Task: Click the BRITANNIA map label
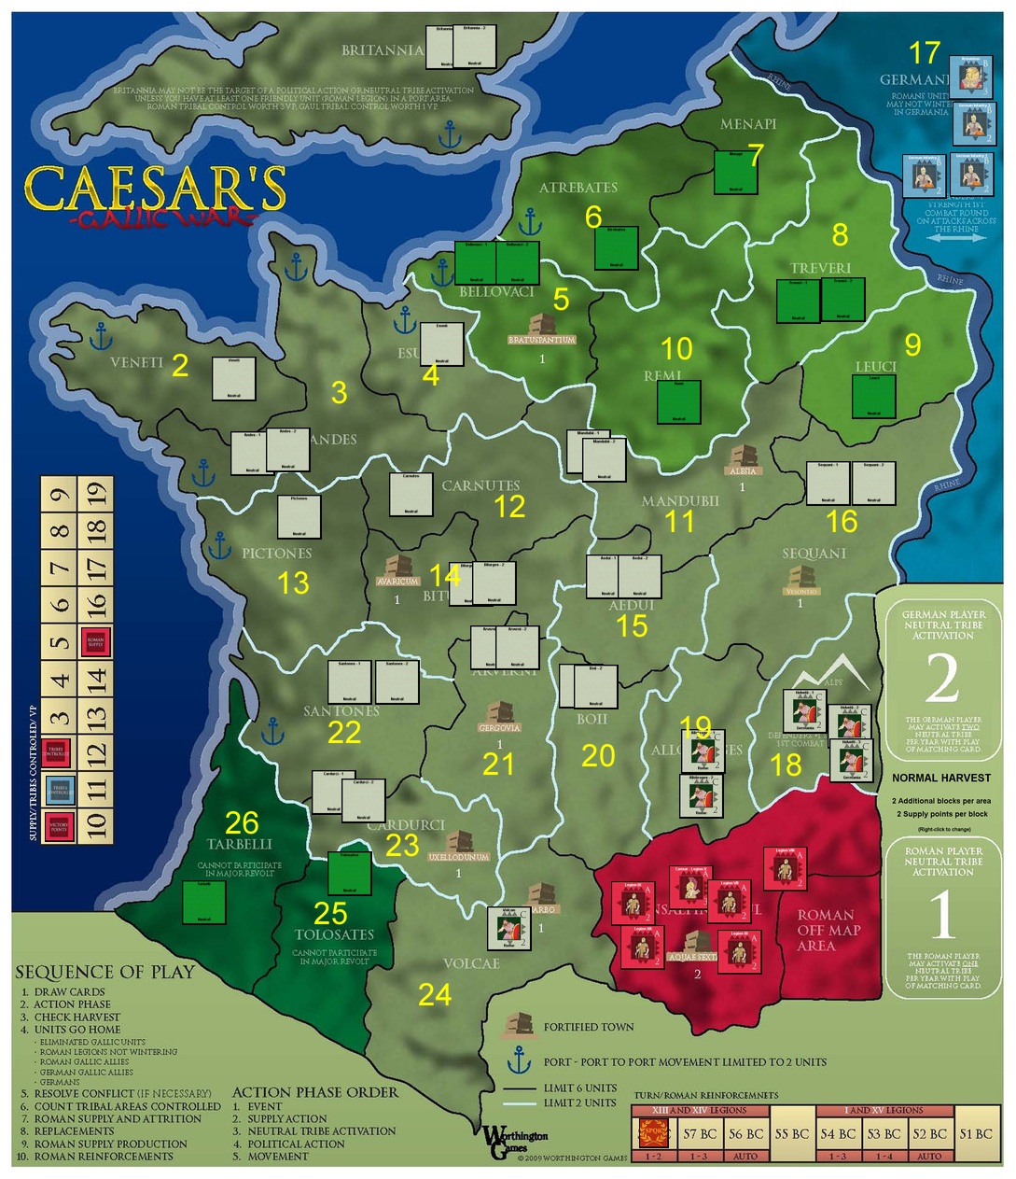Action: pos(383,50)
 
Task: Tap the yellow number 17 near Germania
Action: pos(926,52)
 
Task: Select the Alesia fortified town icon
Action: pos(744,457)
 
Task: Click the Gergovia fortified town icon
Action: pos(499,713)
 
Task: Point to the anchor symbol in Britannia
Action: pos(450,135)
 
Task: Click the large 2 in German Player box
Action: pos(942,680)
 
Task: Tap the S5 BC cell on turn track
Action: pos(792,1134)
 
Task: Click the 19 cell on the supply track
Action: pos(95,493)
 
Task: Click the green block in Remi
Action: pos(679,402)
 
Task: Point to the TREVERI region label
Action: pos(820,268)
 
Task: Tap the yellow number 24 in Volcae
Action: pos(435,996)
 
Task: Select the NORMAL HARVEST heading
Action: pos(941,778)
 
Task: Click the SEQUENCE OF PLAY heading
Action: pos(104,972)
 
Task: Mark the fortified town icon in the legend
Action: pos(519,1026)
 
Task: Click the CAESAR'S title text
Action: pos(155,189)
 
